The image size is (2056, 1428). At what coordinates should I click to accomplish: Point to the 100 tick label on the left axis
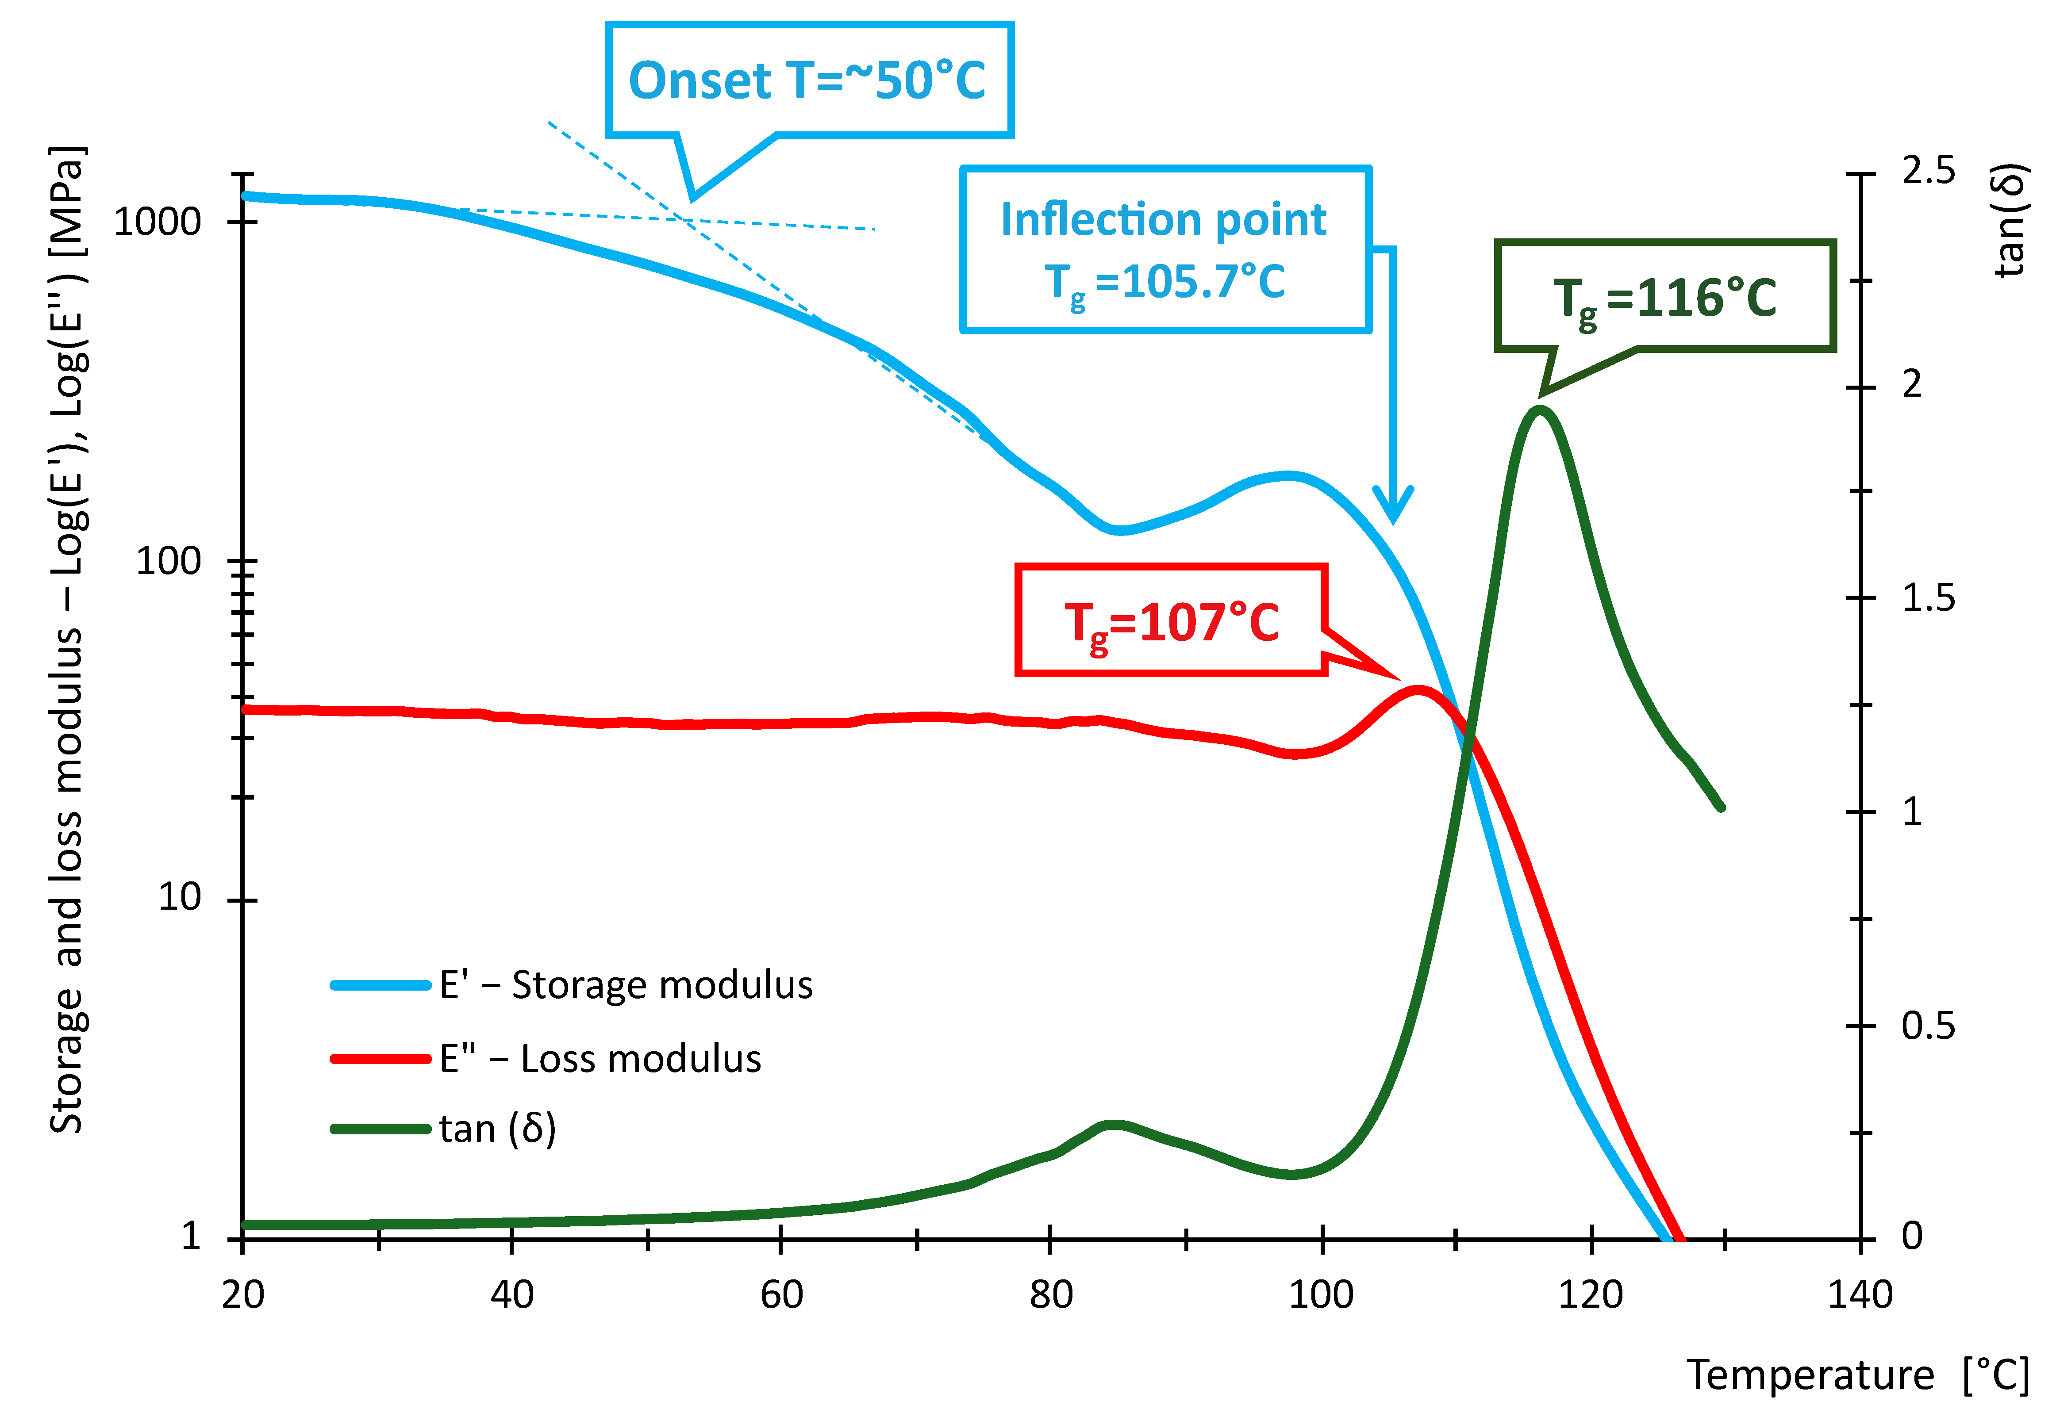pos(168,561)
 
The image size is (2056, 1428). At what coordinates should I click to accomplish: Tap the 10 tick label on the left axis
pos(179,897)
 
